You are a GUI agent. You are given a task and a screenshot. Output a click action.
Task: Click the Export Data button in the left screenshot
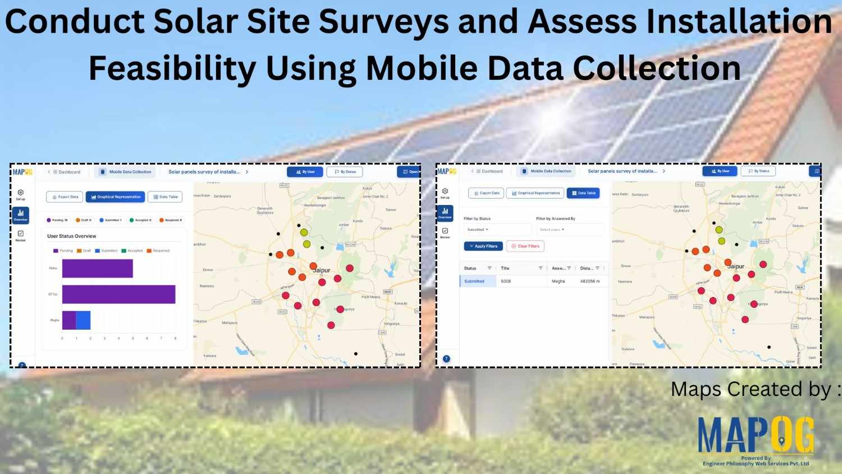coord(65,197)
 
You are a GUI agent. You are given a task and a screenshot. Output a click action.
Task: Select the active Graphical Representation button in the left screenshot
coord(116,197)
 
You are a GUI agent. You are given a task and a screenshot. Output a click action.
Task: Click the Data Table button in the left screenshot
coord(166,197)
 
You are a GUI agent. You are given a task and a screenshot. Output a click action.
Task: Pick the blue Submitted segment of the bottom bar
coord(83,320)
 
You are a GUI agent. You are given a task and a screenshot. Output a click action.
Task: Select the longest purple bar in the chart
coord(118,294)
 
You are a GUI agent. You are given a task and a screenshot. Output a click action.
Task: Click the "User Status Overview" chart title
coord(71,236)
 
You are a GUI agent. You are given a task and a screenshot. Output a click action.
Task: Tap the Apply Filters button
coord(483,246)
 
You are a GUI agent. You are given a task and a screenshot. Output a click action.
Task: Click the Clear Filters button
coord(525,246)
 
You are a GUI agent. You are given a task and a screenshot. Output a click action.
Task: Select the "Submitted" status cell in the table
coord(474,281)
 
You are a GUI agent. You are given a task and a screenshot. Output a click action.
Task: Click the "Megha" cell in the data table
coord(558,281)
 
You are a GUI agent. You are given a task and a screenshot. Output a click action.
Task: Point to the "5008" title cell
coord(506,281)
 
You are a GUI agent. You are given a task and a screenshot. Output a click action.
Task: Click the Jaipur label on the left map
coord(322,271)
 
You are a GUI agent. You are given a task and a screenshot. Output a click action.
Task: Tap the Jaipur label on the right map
coord(735,267)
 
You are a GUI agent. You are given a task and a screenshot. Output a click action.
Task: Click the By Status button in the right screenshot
coord(758,171)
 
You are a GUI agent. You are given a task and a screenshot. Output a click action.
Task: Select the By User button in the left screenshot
coord(305,172)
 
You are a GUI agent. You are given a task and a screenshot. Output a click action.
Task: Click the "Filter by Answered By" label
coord(555,218)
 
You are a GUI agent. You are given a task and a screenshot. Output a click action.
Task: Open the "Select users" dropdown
coord(569,230)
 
